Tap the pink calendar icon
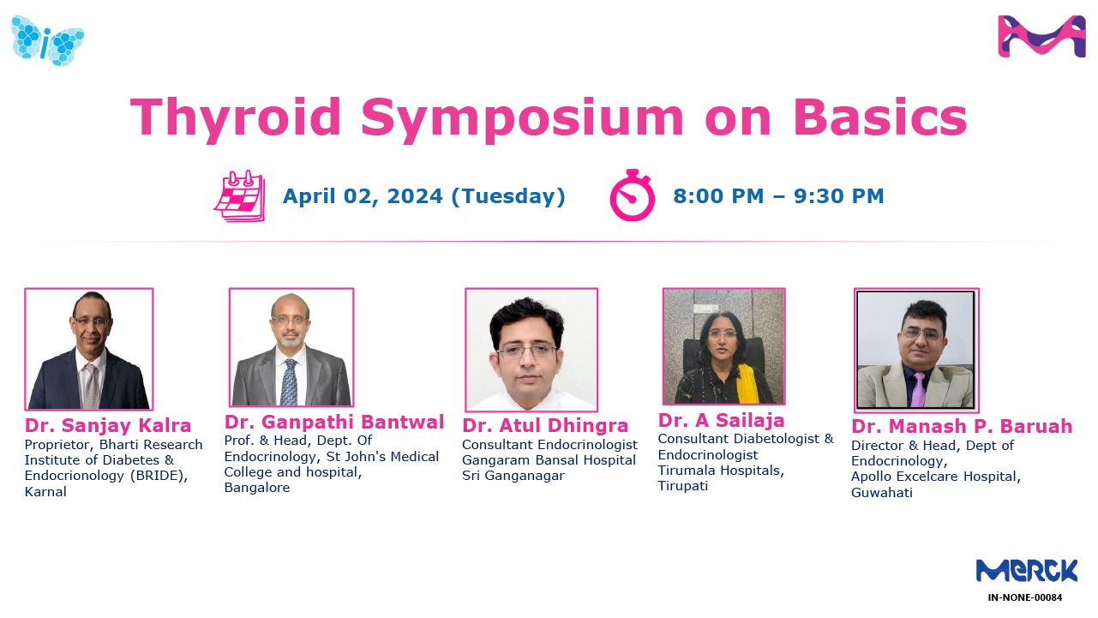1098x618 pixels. (239, 196)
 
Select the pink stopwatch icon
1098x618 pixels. (632, 195)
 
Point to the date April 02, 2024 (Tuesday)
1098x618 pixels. (424, 196)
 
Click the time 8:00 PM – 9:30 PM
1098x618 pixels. (778, 196)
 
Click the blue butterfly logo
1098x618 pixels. (48, 39)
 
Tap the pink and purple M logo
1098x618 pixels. (1041, 37)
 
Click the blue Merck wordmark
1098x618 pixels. (1026, 571)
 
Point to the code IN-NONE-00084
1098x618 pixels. (1025, 597)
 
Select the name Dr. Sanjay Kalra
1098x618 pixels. (108, 426)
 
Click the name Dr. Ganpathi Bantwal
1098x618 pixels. (334, 422)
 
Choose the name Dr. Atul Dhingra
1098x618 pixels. (545, 426)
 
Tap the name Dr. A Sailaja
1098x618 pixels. (722, 421)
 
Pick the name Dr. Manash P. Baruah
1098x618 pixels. (962, 427)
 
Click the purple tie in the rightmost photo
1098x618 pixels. (918, 389)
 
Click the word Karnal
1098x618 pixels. (45, 492)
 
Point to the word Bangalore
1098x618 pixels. (257, 488)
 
